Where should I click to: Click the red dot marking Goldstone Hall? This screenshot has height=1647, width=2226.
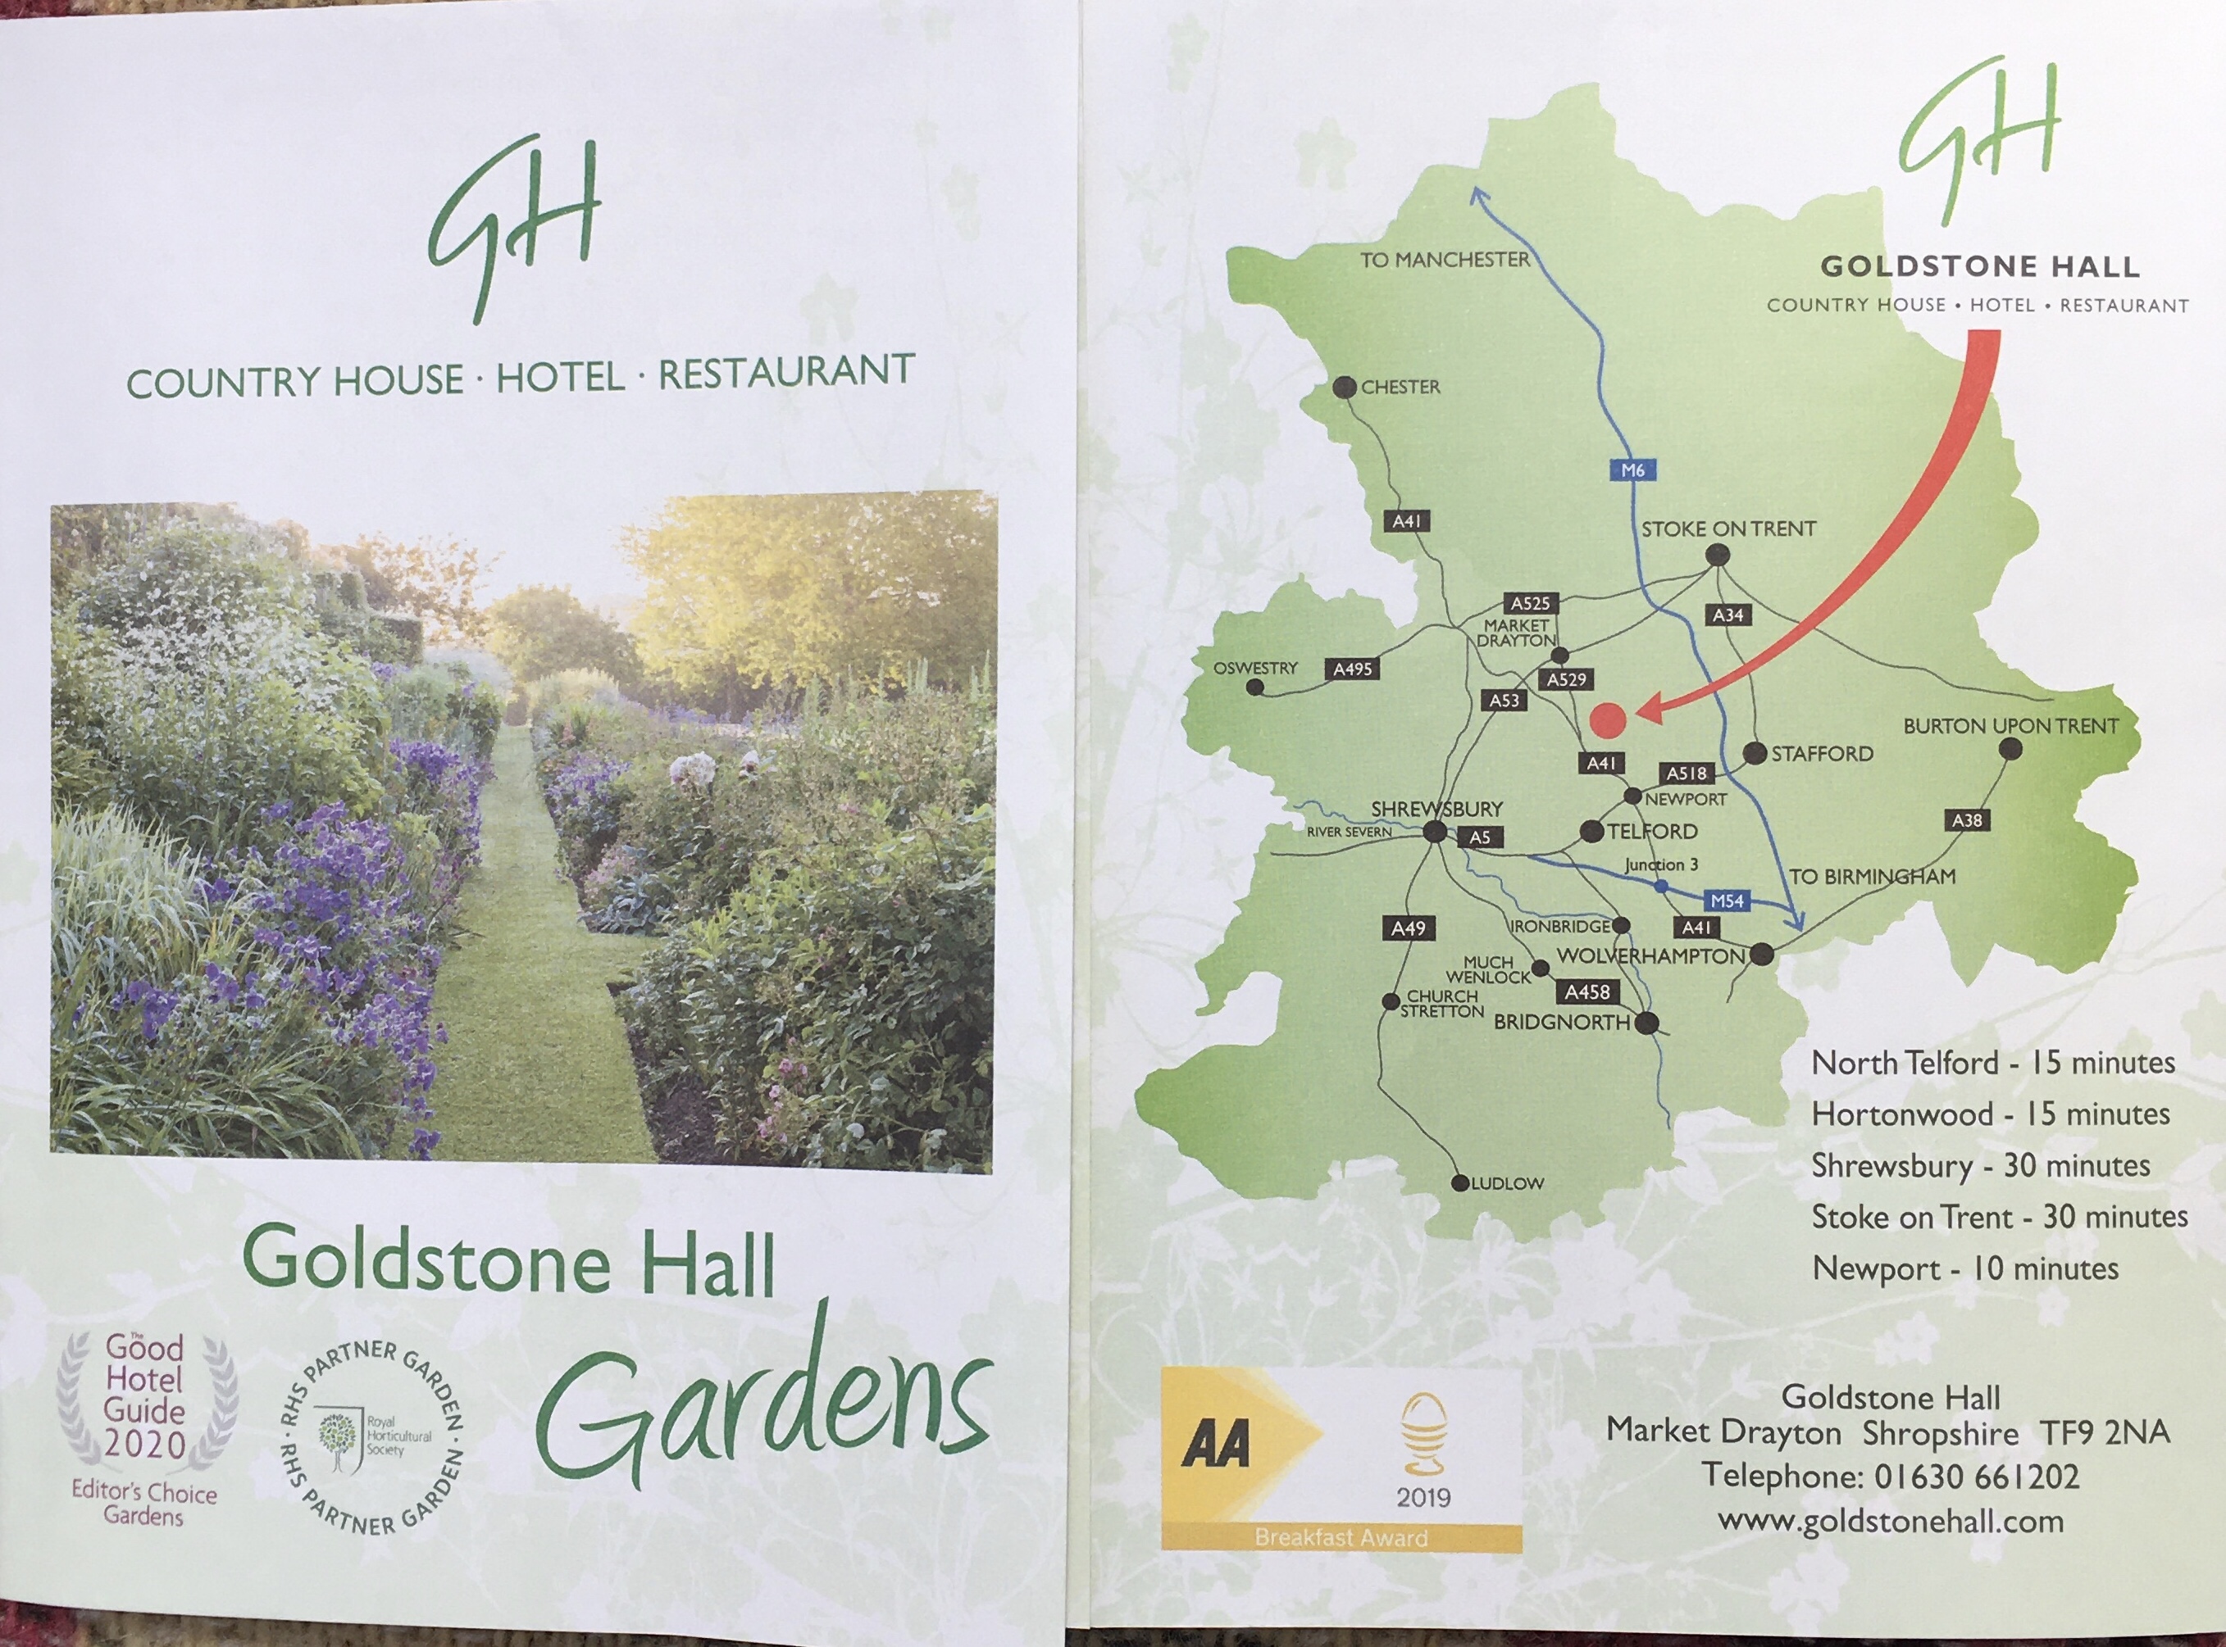(1608, 719)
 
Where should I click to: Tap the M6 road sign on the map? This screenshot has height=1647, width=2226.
(1632, 470)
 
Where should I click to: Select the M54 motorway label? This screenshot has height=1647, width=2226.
(1728, 901)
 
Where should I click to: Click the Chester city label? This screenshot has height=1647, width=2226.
(1400, 387)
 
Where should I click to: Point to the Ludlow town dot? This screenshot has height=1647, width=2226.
(1461, 1183)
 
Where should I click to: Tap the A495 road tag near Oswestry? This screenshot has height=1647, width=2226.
(1352, 669)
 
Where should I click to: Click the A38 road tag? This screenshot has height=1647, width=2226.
(1967, 820)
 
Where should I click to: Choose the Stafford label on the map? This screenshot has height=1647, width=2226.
(1822, 754)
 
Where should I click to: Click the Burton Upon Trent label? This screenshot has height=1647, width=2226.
(2010, 726)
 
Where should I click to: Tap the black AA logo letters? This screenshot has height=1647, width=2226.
(1216, 1444)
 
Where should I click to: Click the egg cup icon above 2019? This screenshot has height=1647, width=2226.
(1423, 1434)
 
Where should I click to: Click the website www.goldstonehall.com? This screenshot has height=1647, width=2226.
(1890, 1522)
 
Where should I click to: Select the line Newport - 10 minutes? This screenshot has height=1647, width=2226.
(1964, 1269)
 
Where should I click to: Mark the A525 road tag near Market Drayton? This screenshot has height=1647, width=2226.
(1530, 603)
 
